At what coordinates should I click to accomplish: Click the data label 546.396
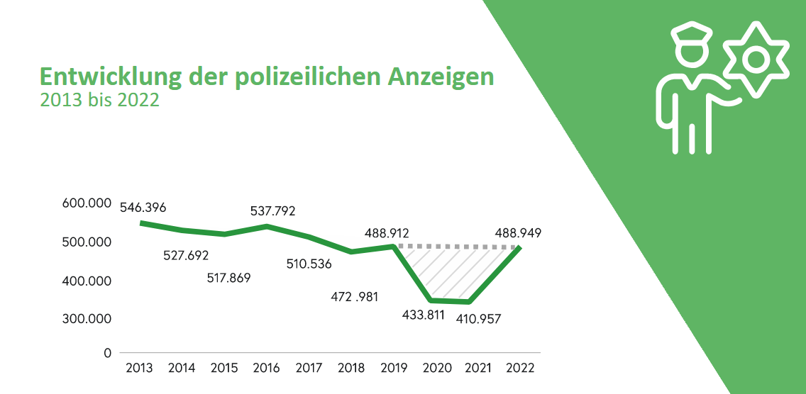143,208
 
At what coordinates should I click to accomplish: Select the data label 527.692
186,254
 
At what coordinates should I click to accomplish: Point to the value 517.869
228,277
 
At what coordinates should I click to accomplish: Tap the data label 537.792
272,210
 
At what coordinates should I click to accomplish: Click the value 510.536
309,264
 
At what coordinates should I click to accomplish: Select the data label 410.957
478,319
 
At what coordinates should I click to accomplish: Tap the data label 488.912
387,232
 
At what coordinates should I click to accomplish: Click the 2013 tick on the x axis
140,368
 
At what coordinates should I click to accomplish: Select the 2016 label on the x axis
266,368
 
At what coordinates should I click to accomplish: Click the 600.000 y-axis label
88,203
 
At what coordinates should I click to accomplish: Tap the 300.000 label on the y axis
88,319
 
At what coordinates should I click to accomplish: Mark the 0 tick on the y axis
108,352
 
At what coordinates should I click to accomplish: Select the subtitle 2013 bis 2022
99,100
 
